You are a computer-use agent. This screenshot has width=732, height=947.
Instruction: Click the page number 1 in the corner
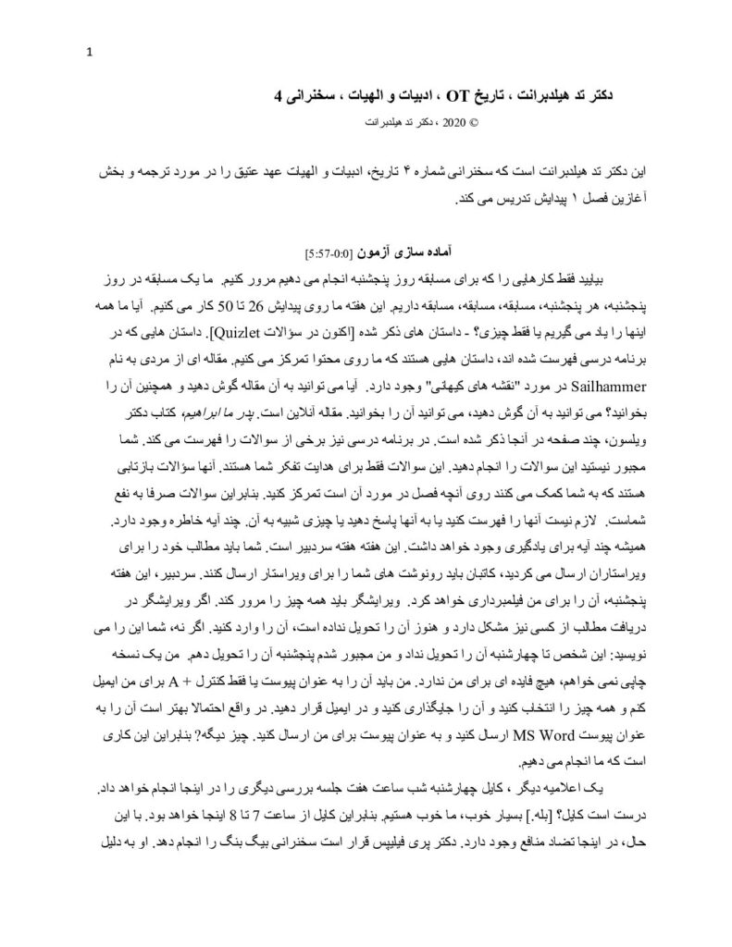point(89,51)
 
